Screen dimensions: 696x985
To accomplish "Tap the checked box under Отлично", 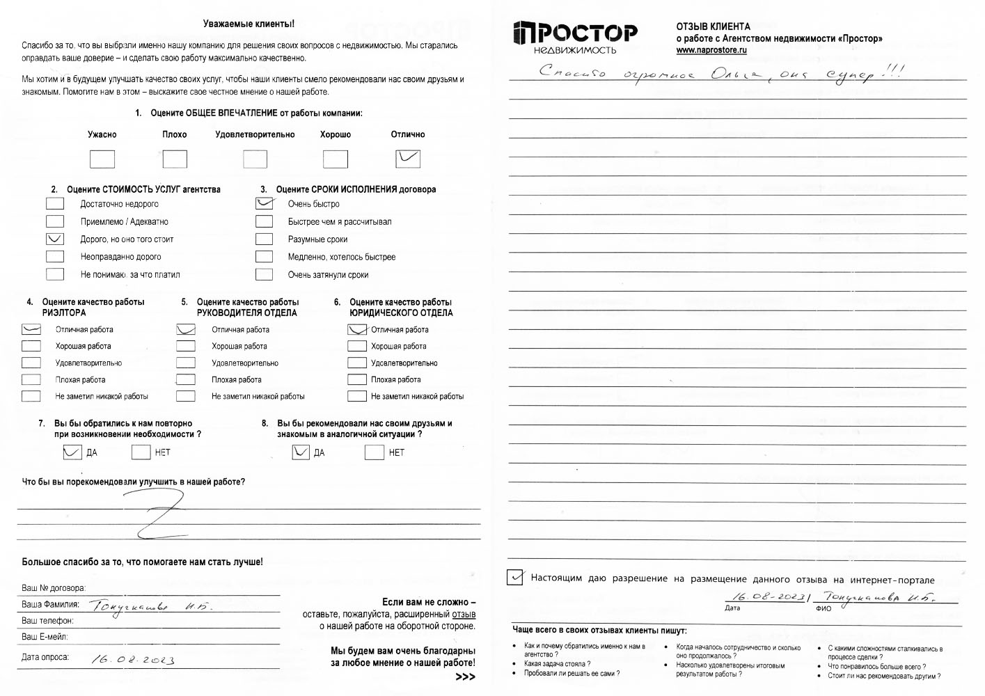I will pos(408,159).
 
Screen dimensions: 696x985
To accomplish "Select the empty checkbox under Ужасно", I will pos(102,159).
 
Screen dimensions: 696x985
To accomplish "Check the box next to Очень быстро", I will pos(265,204).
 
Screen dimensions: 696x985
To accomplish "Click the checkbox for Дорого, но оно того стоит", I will pos(55,239).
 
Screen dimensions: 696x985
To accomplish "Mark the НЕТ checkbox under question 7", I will pos(141,452).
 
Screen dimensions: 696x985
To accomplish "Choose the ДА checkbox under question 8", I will pos(301,452).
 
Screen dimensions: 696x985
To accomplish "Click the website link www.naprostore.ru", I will pos(711,51).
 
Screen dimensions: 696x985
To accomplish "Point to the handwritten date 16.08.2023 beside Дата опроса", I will pos(133,659).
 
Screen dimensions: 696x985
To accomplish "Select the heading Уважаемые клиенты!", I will pos(249,24).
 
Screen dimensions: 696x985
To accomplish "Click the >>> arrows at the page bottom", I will pos(465,677).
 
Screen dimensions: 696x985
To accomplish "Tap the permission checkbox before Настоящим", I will pos(515,577).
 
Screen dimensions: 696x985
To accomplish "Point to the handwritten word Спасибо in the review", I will pos(573,72).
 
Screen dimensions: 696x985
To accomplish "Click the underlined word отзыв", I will pos(464,615).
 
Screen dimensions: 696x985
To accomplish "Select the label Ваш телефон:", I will pos(47,621).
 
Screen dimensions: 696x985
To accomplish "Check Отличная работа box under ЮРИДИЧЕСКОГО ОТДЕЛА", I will pos(357,329).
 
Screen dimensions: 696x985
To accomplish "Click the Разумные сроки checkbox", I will pos(265,239).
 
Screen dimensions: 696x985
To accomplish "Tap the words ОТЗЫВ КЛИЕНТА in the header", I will pos(713,26).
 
